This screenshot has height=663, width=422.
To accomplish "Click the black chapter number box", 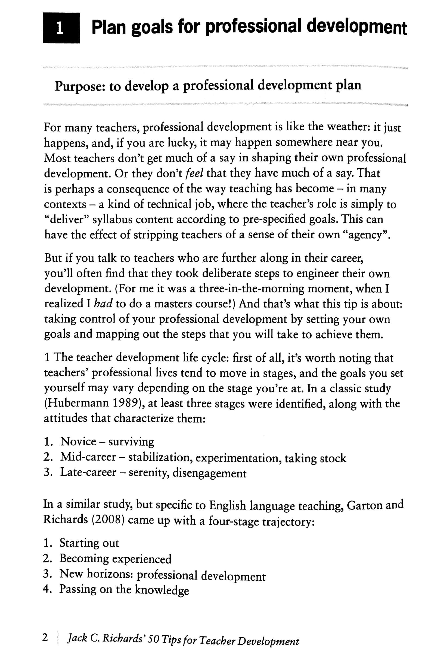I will coord(61,28).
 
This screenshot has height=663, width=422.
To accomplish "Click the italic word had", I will coord(103,304).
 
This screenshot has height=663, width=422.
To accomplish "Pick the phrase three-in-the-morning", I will coord(252,289).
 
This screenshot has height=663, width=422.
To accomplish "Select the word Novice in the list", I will coord(78,442).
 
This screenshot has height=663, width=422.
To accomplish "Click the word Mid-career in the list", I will coord(88,457).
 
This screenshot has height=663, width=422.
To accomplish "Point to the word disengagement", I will coord(209,473).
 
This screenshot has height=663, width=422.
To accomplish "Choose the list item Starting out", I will coord(89,543).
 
